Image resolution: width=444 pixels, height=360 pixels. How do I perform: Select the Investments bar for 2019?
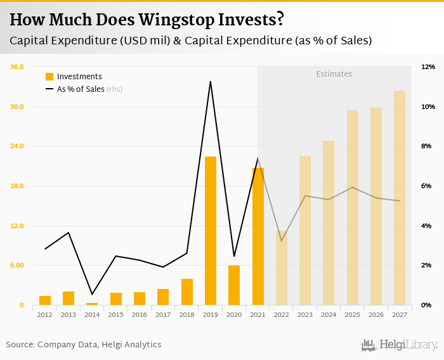point(211,231)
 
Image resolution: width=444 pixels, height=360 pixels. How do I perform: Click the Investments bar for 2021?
point(258,236)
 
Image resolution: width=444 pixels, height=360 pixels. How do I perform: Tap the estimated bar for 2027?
point(400,198)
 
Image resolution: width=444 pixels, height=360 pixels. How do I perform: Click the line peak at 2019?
point(210,81)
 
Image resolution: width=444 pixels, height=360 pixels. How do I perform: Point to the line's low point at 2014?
point(92,294)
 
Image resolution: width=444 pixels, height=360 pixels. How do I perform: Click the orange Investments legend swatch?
point(49,77)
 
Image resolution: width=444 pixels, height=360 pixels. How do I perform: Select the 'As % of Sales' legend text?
point(81,89)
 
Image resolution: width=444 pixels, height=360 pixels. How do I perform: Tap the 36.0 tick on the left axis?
point(17,67)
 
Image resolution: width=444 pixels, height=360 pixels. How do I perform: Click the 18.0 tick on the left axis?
point(17,186)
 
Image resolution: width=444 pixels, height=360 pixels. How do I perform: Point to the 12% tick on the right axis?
point(428,67)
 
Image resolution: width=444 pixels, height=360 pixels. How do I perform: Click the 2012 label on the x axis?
point(44,314)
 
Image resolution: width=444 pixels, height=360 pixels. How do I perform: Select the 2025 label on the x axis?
point(353,314)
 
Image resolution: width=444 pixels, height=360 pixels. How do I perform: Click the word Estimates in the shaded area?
point(334,74)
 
